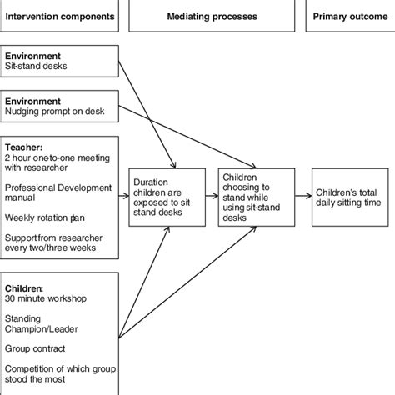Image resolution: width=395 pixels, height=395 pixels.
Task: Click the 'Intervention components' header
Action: point(59,16)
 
